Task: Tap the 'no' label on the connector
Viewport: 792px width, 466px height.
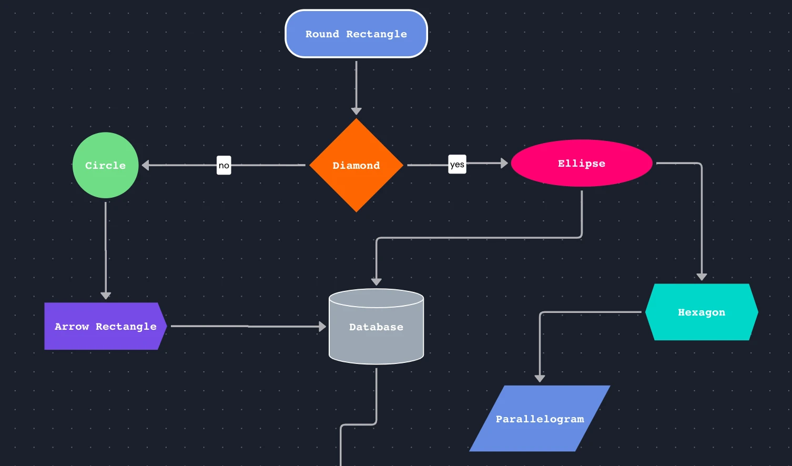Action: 224,165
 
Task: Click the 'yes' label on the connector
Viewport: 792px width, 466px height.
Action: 457,164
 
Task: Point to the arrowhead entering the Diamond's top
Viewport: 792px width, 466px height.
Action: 356,111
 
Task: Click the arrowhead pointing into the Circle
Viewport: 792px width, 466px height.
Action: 146,165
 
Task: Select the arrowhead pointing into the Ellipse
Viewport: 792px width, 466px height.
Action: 504,163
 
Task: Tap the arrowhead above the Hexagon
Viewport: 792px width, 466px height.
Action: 702,277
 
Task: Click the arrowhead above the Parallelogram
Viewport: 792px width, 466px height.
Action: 540,378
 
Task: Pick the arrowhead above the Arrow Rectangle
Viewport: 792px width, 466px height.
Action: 106,296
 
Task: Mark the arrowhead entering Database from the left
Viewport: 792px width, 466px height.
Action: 322,327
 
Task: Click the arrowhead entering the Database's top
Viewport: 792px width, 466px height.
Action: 376,282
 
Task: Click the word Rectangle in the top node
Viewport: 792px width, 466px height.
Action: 376,34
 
